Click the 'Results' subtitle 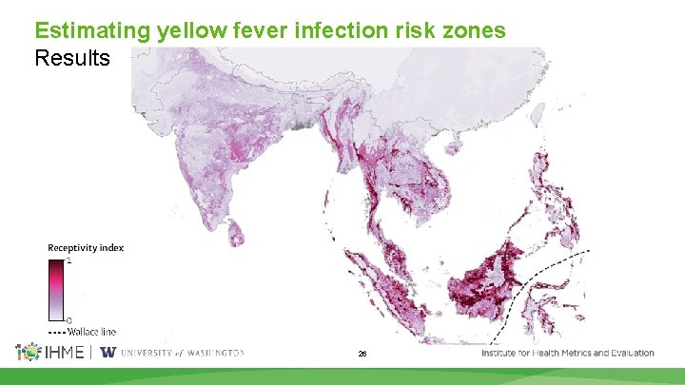[72, 58]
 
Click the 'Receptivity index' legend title [86, 248]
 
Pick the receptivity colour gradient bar [56, 290]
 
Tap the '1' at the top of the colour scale [68, 260]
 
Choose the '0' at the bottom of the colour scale [68, 320]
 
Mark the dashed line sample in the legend [56, 332]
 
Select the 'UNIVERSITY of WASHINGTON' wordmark [182, 353]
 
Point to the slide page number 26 [362, 354]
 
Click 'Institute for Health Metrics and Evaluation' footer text [567, 353]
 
